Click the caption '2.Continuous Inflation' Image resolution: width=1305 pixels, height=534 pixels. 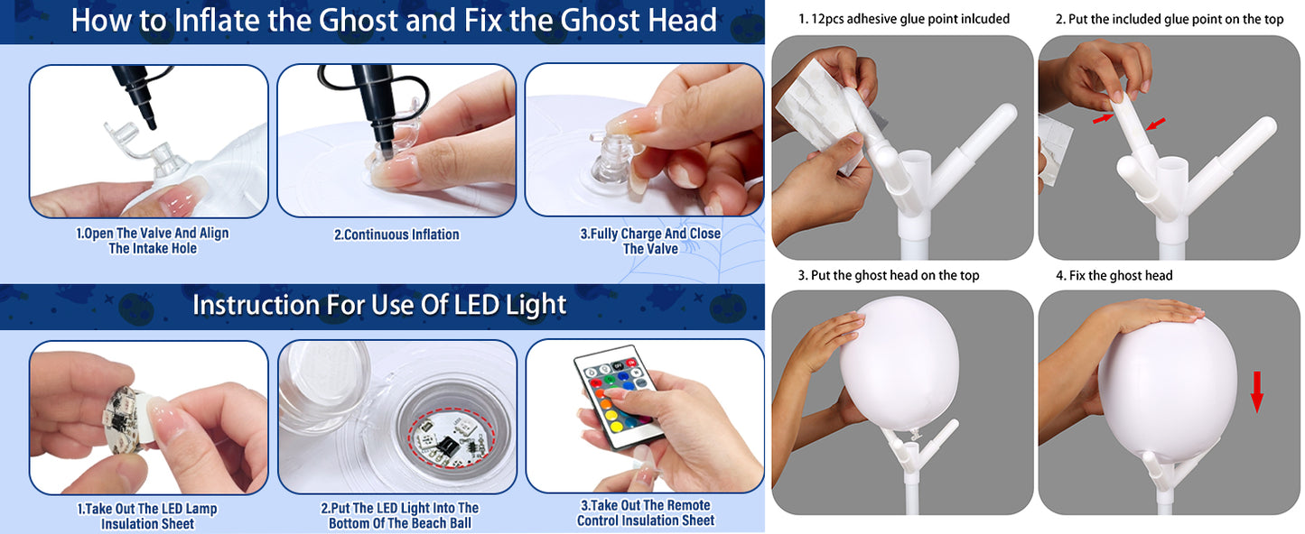(x=396, y=235)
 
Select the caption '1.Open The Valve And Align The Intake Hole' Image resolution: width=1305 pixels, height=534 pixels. (x=153, y=241)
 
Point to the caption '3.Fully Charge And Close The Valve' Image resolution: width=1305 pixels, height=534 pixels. (x=650, y=242)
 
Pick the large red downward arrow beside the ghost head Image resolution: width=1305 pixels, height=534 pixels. (x=1256, y=391)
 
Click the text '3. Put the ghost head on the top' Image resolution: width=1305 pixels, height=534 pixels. (x=889, y=275)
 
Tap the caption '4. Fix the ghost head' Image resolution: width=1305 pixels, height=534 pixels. (x=1114, y=275)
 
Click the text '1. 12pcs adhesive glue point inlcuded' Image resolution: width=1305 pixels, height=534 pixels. (x=904, y=19)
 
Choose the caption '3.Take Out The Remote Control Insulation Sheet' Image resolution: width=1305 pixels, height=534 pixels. (x=646, y=512)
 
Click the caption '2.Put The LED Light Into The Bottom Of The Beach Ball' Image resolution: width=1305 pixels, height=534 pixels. (x=400, y=515)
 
